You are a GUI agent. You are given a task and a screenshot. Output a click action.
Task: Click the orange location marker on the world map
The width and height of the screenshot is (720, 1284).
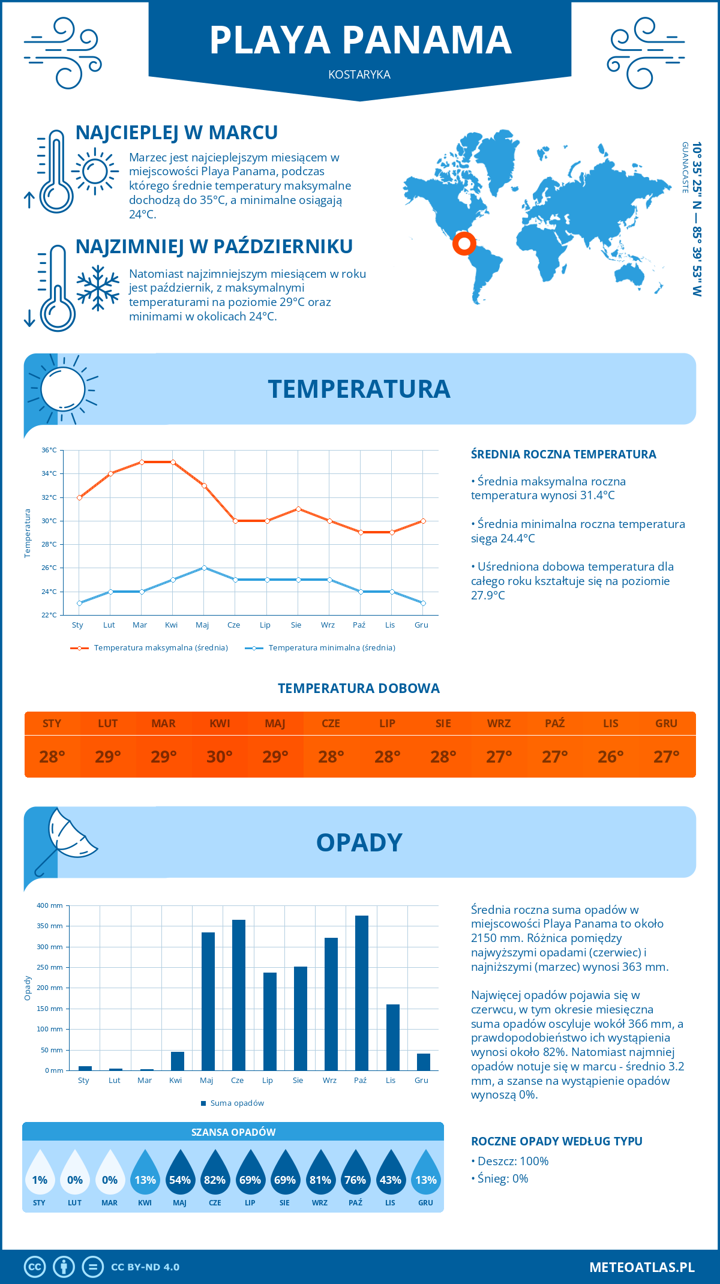pos(464,243)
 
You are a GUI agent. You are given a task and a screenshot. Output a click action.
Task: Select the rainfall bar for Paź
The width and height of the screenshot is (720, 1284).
pos(361,993)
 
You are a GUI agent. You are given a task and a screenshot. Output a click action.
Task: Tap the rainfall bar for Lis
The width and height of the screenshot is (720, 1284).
pos(392,1037)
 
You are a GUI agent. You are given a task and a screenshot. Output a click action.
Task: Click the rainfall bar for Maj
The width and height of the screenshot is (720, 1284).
pos(208,1001)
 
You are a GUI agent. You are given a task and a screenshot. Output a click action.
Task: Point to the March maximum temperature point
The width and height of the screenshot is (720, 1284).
pos(142,462)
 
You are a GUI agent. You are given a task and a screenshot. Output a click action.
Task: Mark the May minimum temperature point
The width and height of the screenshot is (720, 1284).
pos(204,568)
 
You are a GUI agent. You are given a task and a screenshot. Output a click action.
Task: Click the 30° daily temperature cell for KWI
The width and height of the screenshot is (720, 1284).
pos(220,757)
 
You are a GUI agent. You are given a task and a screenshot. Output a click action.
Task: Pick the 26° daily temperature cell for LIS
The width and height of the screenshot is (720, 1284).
pos(610,757)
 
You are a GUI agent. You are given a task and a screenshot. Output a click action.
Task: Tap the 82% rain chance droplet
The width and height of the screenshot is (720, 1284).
pos(215,1175)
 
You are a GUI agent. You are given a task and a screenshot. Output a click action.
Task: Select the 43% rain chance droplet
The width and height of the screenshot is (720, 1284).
pos(391,1175)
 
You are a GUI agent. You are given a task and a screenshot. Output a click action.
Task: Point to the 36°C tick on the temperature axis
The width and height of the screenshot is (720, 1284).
pos(49,450)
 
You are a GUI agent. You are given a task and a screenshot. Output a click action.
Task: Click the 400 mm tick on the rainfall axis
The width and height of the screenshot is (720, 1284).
pos(50,905)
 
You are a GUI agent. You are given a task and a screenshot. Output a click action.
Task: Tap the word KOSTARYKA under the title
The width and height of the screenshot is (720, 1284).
pos(359,74)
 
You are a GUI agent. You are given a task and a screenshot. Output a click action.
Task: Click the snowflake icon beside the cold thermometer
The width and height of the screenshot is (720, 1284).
pos(98,287)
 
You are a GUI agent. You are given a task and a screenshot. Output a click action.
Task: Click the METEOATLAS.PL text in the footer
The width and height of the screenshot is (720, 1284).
pos(642,1267)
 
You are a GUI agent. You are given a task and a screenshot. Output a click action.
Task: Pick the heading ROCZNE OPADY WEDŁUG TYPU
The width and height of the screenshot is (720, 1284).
pos(556,1141)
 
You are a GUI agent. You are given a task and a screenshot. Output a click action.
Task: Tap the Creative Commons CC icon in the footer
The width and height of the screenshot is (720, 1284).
pos(35,1267)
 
